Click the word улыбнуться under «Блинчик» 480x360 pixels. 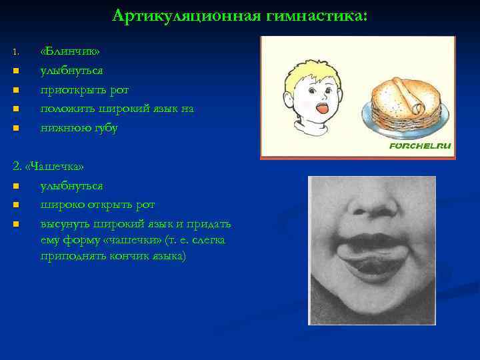[71, 71]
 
